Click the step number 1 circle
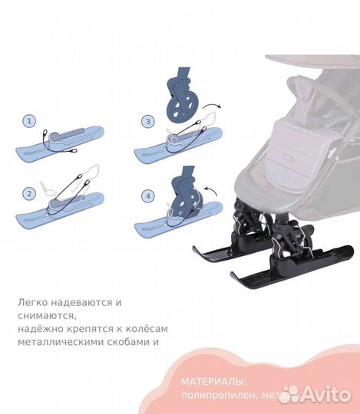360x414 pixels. (x=29, y=121)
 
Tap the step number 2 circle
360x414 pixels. (x=29, y=193)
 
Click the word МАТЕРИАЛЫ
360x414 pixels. (x=213, y=381)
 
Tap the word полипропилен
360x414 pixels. (x=218, y=396)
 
